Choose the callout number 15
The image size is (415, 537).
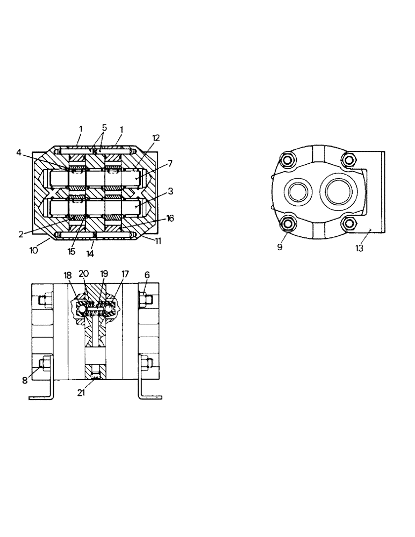(x=72, y=251)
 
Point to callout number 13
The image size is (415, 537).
(x=360, y=248)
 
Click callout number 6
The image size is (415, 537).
(x=147, y=274)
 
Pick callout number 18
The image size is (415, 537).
(x=67, y=274)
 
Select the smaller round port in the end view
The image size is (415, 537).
(x=297, y=191)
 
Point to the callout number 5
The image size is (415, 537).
(x=104, y=128)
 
